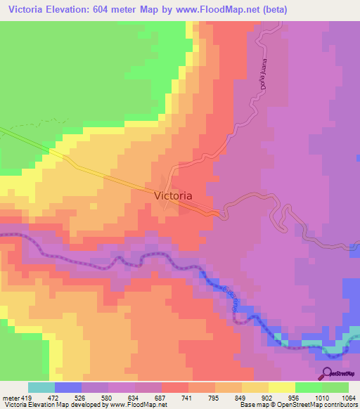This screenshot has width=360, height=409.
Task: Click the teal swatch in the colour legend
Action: (41, 388)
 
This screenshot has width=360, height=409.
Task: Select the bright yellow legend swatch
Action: (281, 388)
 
